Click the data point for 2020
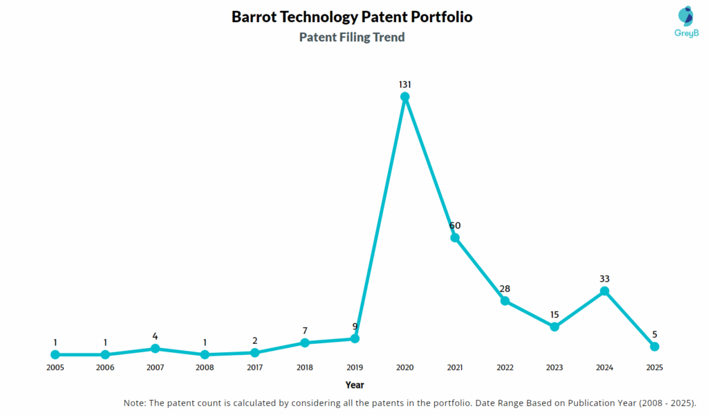(405, 97)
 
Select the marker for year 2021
(455, 238)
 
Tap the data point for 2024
(604, 291)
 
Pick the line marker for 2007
(155, 349)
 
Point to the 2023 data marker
(555, 327)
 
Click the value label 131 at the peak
(405, 84)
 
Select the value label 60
(455, 225)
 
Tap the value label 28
(505, 289)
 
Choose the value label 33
(604, 279)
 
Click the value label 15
(555, 315)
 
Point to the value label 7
(305, 331)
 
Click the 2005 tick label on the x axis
(55, 368)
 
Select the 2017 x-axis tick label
(254, 368)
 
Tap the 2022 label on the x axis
(505, 368)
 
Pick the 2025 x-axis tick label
(654, 368)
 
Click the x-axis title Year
(355, 385)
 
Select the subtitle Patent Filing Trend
(352, 37)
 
